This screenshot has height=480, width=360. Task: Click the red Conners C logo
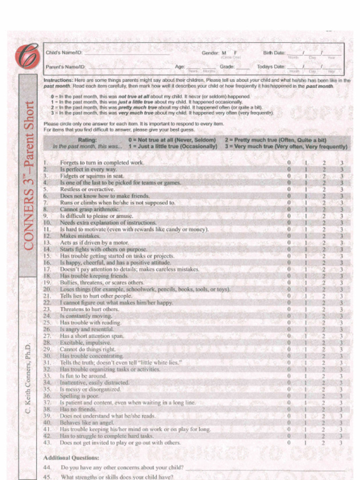tap(27, 56)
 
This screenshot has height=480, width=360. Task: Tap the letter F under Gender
tap(236, 53)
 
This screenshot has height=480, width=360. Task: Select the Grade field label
tap(227, 67)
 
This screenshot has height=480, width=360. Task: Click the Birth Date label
tap(274, 53)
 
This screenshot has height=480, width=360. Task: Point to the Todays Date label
tap(270, 67)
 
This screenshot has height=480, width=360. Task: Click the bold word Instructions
tap(58, 80)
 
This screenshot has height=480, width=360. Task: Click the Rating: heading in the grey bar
tap(87, 140)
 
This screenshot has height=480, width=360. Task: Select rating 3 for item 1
tap(341, 163)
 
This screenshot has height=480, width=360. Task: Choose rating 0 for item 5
tap(289, 189)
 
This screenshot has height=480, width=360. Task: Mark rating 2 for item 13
tap(323, 243)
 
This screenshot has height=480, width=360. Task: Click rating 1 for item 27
tap(306, 336)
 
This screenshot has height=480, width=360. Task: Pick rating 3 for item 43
tap(341, 442)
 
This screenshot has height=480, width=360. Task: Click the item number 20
tap(47, 289)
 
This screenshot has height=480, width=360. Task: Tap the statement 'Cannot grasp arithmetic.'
tap(90, 209)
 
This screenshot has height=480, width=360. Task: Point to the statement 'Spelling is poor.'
tap(79, 396)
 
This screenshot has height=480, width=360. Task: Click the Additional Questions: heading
tap(71, 457)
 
